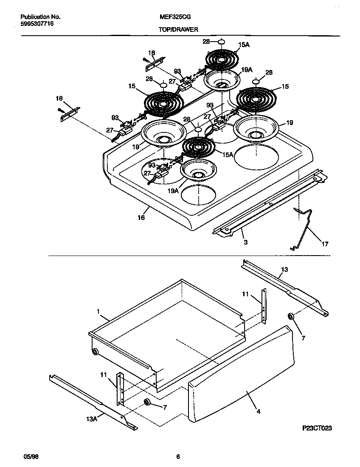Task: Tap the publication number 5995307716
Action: [x=37, y=24]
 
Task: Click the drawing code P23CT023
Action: [x=314, y=428]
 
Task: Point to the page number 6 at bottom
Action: [x=178, y=457]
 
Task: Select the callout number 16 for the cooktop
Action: [x=141, y=217]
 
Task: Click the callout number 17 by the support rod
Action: [x=325, y=244]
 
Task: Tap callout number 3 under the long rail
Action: [x=245, y=242]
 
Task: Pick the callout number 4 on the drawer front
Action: [x=258, y=411]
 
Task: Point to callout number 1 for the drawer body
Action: [x=98, y=312]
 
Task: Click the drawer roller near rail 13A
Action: [x=147, y=402]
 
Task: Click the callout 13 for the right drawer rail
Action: [x=284, y=269]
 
